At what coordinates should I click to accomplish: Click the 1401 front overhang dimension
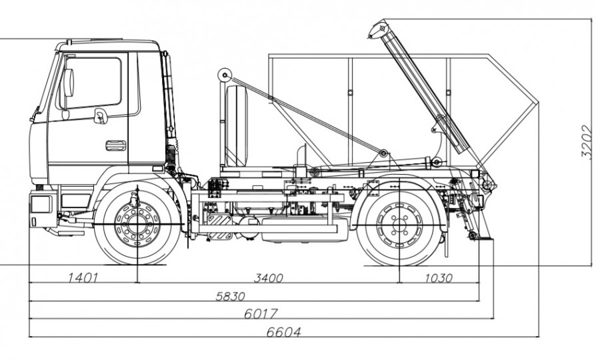(x=83, y=278)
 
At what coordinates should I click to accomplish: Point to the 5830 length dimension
(x=230, y=297)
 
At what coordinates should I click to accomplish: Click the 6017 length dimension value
(x=261, y=313)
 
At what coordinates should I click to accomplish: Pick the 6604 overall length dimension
(x=283, y=331)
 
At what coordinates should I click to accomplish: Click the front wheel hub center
(x=137, y=222)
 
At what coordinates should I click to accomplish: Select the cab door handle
(x=115, y=145)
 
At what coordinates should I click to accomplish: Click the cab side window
(x=93, y=83)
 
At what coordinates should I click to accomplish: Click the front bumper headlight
(x=41, y=203)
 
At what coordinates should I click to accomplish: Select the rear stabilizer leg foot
(x=475, y=236)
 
